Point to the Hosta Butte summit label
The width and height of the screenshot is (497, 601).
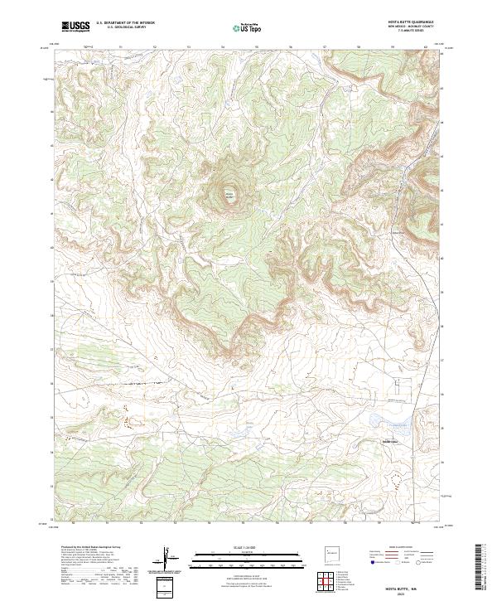coord(229,195)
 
